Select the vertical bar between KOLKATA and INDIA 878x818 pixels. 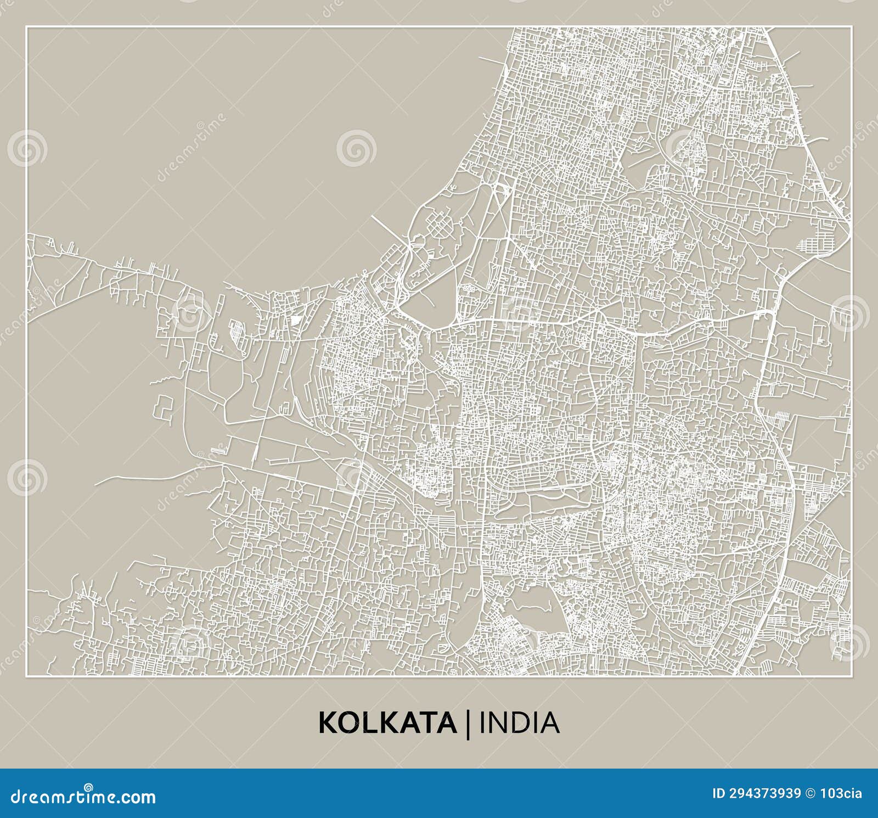468,724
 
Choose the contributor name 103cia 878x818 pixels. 842,793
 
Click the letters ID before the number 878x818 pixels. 718,793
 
